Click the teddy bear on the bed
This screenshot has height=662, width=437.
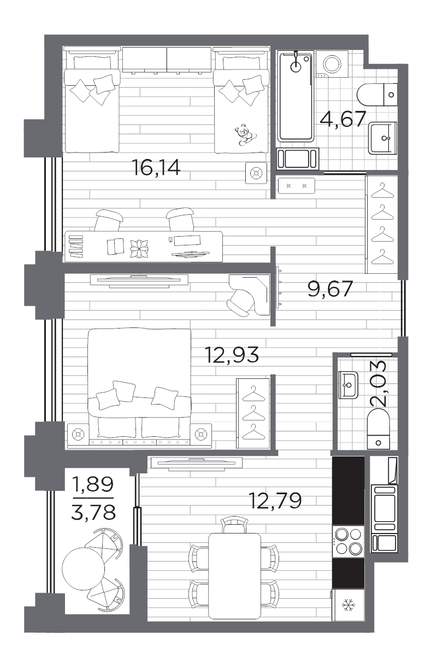[245, 134]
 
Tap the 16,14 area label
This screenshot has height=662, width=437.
[156, 167]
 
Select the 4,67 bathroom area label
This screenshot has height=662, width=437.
[343, 119]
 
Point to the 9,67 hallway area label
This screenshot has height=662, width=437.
[330, 289]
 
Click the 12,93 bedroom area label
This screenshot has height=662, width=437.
[232, 355]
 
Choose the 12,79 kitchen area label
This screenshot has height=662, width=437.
[275, 500]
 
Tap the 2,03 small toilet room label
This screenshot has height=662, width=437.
[378, 383]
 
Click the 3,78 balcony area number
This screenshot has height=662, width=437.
[93, 513]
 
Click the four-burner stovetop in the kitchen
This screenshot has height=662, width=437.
[349, 542]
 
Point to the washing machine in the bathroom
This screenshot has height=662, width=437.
[332, 64]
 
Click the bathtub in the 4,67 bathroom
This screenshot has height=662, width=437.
[296, 96]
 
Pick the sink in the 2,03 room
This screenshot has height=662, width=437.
[349, 385]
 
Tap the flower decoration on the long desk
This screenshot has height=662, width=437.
[139, 248]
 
